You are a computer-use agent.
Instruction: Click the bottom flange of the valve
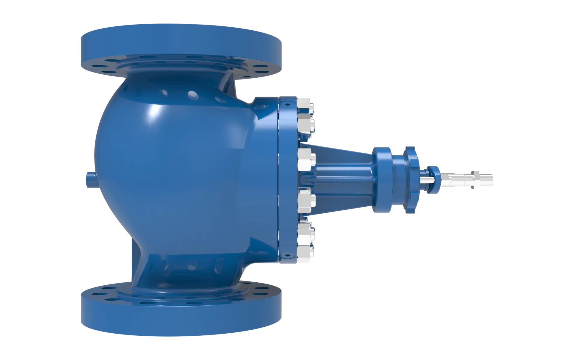tap(181, 318)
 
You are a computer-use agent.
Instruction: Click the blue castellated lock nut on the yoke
tap(410, 180)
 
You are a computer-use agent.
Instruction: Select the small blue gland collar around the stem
tap(433, 180)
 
